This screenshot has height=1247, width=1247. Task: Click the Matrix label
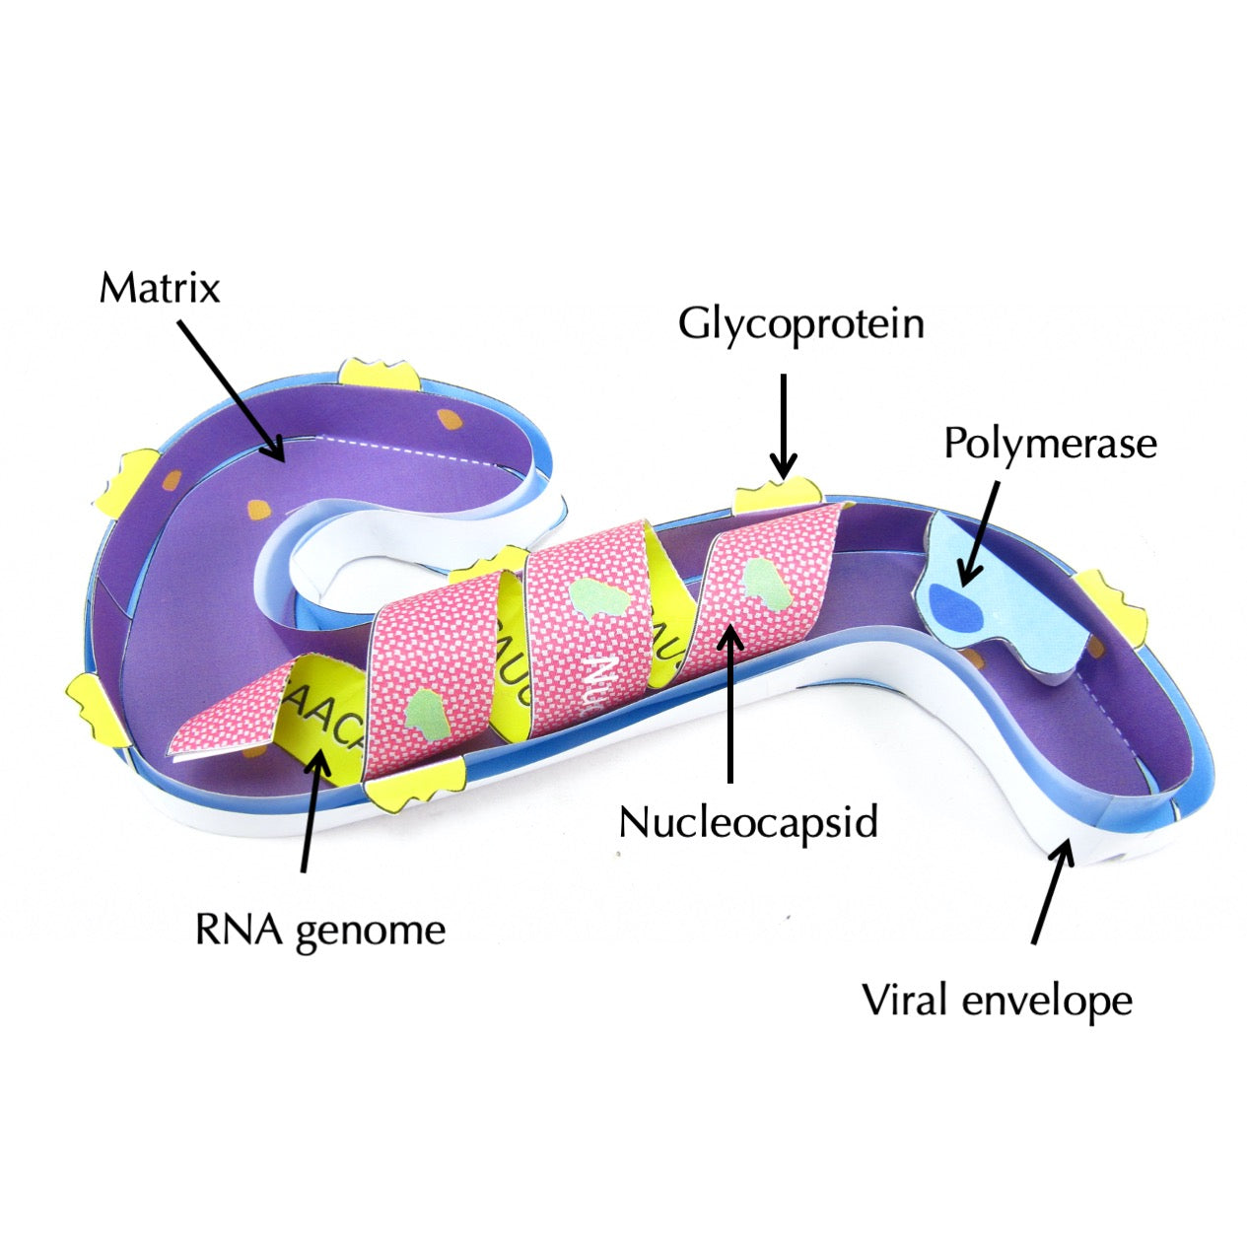click(159, 288)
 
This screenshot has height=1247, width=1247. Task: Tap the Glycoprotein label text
click(800, 323)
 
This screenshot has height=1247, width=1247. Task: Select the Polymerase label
click(1050, 444)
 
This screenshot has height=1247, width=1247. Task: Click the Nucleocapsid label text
click(748, 821)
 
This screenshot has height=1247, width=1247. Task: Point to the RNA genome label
click(320, 930)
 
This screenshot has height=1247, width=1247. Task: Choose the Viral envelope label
click(997, 1002)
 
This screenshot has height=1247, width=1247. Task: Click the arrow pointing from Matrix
click(233, 390)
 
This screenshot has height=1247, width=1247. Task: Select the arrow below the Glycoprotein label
click(783, 424)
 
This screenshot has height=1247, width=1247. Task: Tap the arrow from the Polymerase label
click(982, 532)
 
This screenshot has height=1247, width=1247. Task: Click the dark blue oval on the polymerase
click(955, 606)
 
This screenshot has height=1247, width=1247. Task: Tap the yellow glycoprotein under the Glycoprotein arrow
click(778, 494)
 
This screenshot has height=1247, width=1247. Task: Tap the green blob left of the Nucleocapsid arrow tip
click(597, 597)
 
